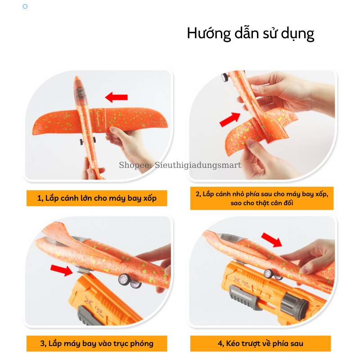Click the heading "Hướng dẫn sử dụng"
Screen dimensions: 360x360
(251, 33)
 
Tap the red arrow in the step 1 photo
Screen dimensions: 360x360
(116, 97)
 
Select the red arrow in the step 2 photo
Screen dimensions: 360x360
(230, 119)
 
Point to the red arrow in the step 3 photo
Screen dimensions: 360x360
(62, 270)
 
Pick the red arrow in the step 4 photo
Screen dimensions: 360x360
(272, 240)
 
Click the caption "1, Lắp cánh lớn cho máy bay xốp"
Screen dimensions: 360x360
(97, 198)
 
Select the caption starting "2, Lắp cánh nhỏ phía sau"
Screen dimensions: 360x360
(262, 198)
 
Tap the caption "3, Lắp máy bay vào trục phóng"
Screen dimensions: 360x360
(97, 343)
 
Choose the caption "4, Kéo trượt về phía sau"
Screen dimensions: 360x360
(261, 343)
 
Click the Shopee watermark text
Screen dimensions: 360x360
(180, 165)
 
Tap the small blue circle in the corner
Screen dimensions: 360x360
(25, 6)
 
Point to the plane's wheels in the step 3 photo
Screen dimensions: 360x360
(130, 281)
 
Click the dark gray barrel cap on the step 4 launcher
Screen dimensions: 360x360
(294, 303)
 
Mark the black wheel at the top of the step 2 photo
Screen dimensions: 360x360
(225, 77)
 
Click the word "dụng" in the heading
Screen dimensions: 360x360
(297, 34)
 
